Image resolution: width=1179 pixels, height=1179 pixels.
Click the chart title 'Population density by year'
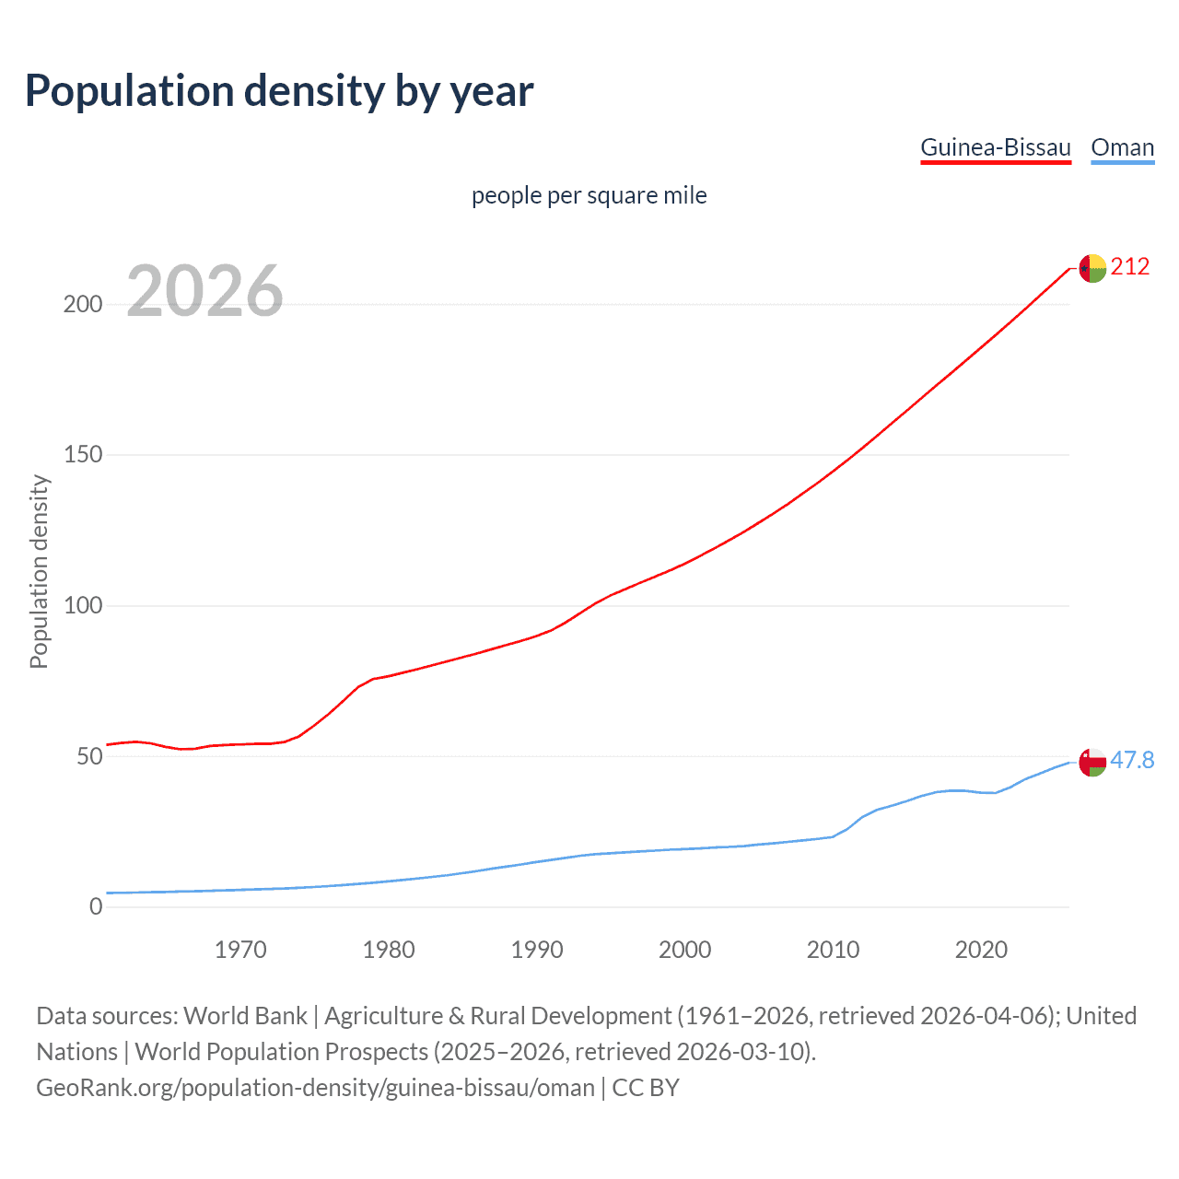pyautogui.click(x=279, y=91)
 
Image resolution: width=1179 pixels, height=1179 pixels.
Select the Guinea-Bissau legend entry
pyautogui.click(x=996, y=147)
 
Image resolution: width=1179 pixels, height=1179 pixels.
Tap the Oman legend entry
pyautogui.click(x=1122, y=147)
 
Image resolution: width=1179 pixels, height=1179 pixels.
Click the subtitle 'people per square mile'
pyautogui.click(x=589, y=195)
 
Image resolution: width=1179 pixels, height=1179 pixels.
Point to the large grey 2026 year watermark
pyautogui.click(x=204, y=291)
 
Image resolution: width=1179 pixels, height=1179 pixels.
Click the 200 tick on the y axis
pyautogui.click(x=83, y=304)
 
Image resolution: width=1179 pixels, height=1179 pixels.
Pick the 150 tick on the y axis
pyautogui.click(x=83, y=455)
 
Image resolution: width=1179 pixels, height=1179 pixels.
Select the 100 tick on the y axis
pyautogui.click(x=83, y=606)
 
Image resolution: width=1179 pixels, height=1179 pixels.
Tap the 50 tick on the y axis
pyautogui.click(x=88, y=756)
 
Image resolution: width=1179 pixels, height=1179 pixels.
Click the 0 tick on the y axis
pyautogui.click(x=96, y=907)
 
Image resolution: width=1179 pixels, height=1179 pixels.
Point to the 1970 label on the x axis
pyautogui.click(x=240, y=950)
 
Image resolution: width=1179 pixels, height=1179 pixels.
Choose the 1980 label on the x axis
pyautogui.click(x=389, y=950)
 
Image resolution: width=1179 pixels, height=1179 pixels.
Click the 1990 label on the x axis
pyautogui.click(x=537, y=950)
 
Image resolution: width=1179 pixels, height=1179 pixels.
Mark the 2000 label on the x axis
pyautogui.click(x=685, y=950)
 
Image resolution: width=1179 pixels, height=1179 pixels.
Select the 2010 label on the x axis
pyautogui.click(x=833, y=950)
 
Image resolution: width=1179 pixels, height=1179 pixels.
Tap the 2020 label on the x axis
pyautogui.click(x=981, y=950)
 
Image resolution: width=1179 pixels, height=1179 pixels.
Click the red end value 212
pyautogui.click(x=1130, y=267)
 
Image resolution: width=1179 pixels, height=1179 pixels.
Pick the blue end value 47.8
pyautogui.click(x=1132, y=760)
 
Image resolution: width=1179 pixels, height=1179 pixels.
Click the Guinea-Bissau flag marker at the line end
pyautogui.click(x=1092, y=268)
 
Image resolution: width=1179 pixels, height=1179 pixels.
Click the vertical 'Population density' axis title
pyautogui.click(x=39, y=571)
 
